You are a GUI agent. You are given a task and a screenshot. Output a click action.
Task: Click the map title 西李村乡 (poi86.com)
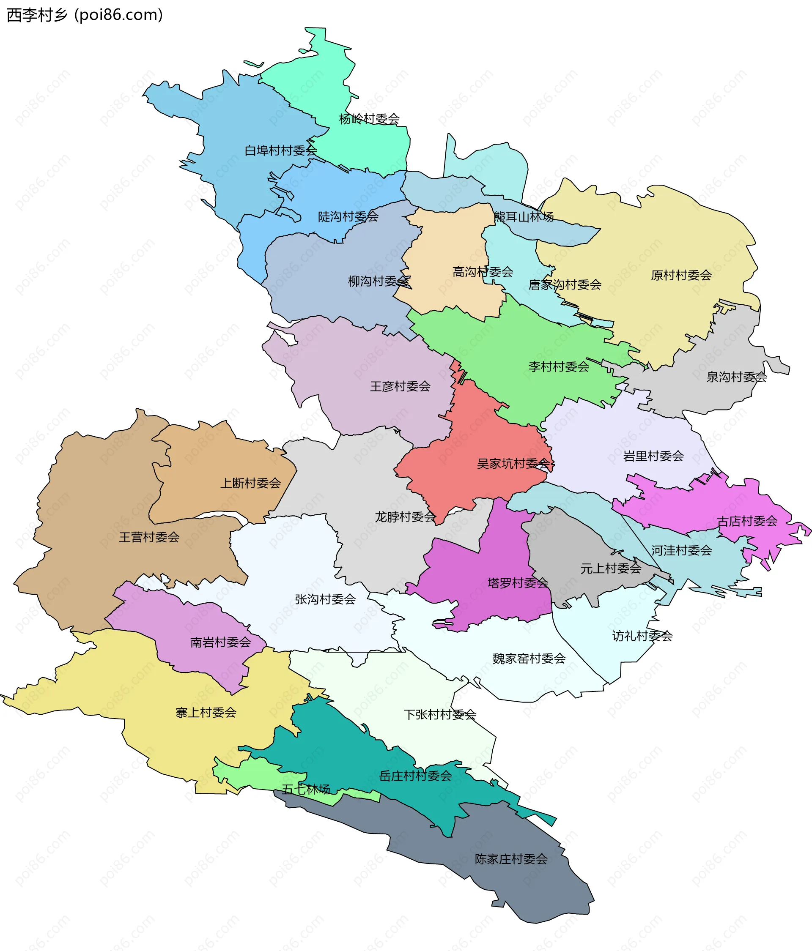tap(85, 15)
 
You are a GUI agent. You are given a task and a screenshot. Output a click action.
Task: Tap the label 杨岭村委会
tap(369, 119)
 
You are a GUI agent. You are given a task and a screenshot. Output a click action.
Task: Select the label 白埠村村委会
tap(281, 150)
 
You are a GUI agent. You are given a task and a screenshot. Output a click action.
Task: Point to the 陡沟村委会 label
tap(348, 217)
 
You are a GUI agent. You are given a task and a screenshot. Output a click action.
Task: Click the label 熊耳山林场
tap(523, 217)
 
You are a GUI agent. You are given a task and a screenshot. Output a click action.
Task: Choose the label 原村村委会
tap(681, 276)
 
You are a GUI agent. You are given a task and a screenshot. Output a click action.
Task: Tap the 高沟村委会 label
tap(483, 272)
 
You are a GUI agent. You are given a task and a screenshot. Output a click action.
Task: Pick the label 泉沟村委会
tap(737, 377)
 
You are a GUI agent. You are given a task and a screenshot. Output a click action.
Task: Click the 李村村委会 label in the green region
tap(559, 367)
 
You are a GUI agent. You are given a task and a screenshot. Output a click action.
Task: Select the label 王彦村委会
tap(401, 386)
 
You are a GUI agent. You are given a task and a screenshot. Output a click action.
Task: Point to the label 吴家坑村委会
tap(513, 464)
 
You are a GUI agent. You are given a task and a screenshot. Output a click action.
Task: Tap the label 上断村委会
tap(250, 483)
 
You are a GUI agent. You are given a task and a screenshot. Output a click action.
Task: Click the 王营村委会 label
tap(149, 537)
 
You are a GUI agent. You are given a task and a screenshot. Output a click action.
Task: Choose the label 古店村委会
tap(747, 521)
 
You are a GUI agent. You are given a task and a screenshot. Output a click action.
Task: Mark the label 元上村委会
tap(611, 568)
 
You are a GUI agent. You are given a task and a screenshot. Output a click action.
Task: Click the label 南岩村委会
tap(220, 642)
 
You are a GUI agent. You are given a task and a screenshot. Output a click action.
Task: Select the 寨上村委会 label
tap(206, 712)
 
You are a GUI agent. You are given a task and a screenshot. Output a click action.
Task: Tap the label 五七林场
tap(306, 789)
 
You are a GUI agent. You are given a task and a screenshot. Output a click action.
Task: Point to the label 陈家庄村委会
tap(511, 859)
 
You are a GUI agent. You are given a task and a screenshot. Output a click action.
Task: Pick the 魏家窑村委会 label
tap(529, 659)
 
